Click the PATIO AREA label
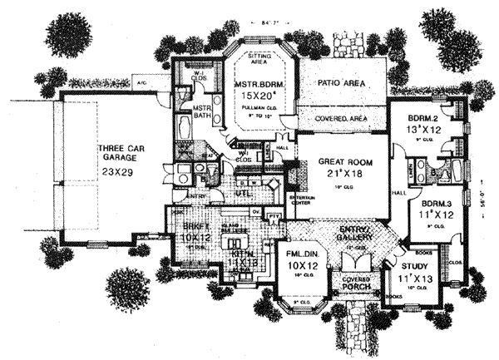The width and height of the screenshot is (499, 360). point(341,84)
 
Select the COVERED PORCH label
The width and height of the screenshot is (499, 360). point(356,285)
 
